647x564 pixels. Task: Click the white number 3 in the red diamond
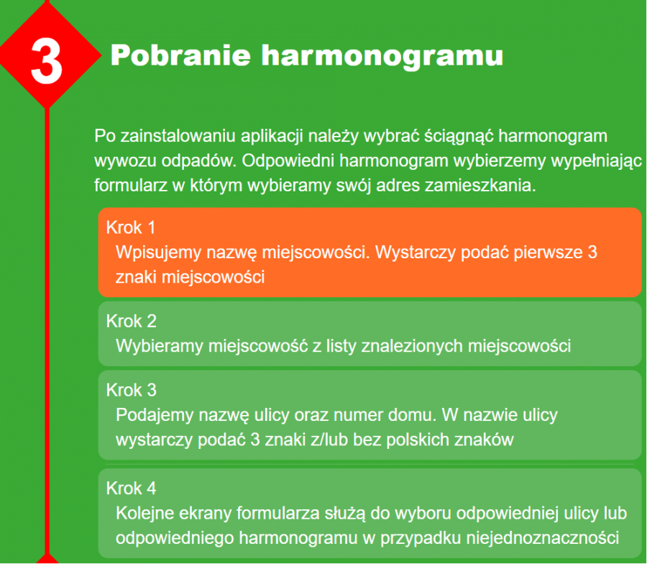click(x=46, y=61)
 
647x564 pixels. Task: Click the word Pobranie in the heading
click(x=180, y=55)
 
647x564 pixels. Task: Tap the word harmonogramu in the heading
click(x=382, y=57)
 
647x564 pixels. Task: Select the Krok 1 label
click(x=130, y=227)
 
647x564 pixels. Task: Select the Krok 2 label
click(x=132, y=322)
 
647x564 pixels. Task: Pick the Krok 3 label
click(x=132, y=390)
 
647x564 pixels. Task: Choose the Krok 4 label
click(x=132, y=488)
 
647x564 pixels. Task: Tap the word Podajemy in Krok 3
click(x=155, y=415)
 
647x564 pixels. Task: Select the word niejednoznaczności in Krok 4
click(x=543, y=538)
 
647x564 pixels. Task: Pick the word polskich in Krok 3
click(x=417, y=440)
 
